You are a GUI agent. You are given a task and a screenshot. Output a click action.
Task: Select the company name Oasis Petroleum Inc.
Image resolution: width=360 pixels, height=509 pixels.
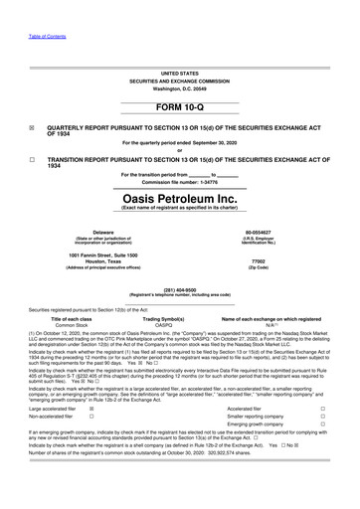coord(180,196)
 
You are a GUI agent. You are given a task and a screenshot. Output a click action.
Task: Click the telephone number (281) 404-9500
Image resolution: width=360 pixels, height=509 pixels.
coord(180,291)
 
